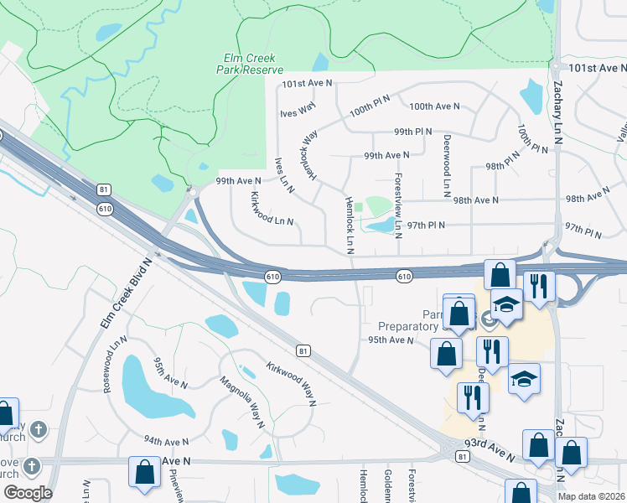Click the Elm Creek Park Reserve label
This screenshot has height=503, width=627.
click(254, 65)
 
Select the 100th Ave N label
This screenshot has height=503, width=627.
click(434, 106)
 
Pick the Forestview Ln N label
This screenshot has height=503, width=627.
click(398, 206)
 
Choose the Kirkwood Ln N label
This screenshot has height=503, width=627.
click(272, 208)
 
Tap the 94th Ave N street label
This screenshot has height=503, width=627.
click(167, 441)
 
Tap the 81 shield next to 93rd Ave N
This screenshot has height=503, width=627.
click(463, 456)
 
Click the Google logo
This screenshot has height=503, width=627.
click(28, 493)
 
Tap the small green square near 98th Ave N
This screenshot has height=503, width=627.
click(359, 207)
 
